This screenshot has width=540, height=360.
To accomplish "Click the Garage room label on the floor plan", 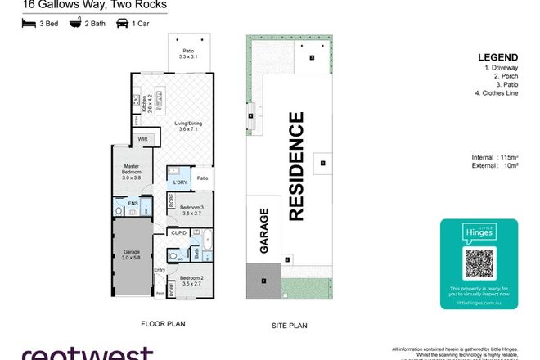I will (132, 255).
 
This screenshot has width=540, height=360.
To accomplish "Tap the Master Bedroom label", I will (132, 169).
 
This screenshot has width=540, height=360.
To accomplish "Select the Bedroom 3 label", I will (191, 210).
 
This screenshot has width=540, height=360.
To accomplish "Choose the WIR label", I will (142, 140).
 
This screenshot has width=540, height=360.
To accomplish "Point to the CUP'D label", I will (179, 232).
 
